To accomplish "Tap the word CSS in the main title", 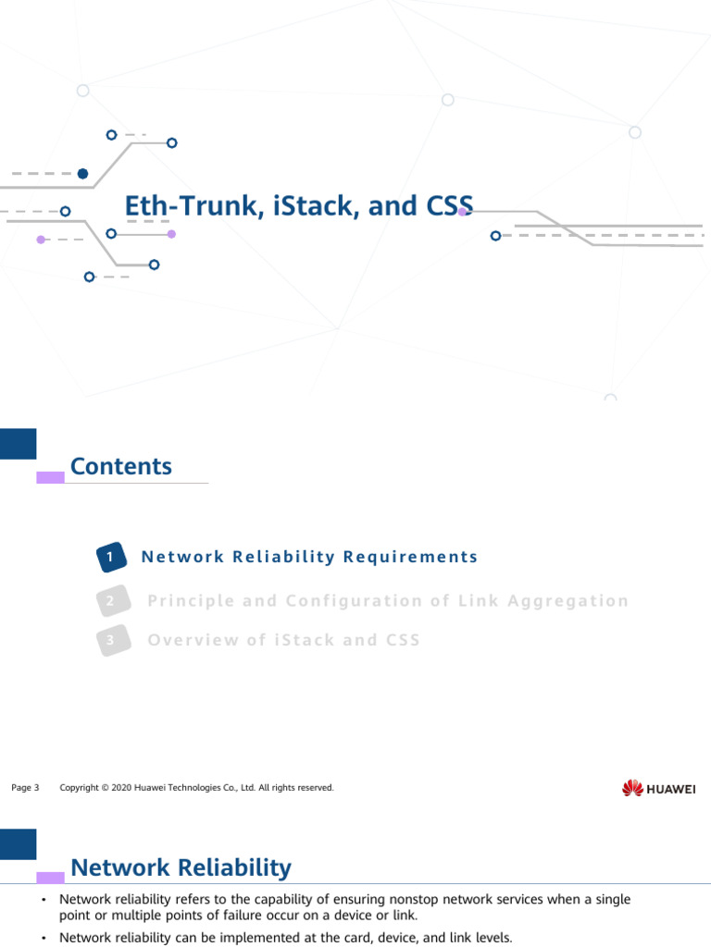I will (448, 206).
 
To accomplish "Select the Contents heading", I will (121, 466).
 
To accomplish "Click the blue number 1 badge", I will (110, 557).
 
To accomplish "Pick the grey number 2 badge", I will (110, 601).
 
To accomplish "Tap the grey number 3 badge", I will (110, 640).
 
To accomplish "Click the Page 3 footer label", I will (25, 788).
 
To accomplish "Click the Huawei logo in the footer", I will (658, 788).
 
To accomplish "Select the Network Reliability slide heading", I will (181, 867).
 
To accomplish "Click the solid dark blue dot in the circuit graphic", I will (82, 173).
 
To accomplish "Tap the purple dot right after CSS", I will (462, 212).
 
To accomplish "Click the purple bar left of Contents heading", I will (50, 477).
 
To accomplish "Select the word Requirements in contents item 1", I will (410, 557).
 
